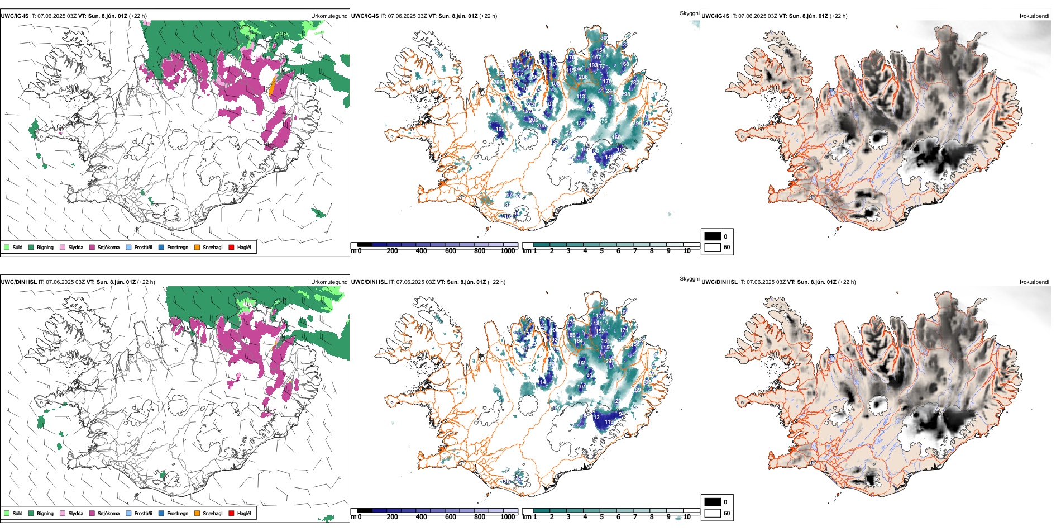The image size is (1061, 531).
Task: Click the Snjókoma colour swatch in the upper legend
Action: pyautogui.click(x=92, y=248)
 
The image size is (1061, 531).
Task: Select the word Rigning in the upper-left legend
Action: pyautogui.click(x=45, y=248)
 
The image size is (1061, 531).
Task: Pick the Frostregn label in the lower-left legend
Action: pyautogui.click(x=178, y=514)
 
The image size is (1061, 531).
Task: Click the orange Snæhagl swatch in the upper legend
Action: pyautogui.click(x=197, y=248)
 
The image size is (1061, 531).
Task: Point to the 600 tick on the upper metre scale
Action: pyautogui.click(x=451, y=251)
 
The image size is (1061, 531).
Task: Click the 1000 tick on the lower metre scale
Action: pyautogui.click(x=508, y=517)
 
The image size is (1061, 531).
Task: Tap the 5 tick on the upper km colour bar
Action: pyautogui.click(x=602, y=251)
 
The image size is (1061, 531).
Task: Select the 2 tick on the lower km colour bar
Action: pyautogui.click(x=552, y=517)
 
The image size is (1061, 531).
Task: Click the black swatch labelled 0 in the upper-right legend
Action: pyautogui.click(x=713, y=236)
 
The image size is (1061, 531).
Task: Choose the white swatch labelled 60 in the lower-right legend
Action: pyautogui.click(x=713, y=513)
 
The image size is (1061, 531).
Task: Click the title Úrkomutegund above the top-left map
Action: pyautogui.click(x=329, y=16)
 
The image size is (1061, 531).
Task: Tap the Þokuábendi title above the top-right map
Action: pyautogui.click(x=1034, y=16)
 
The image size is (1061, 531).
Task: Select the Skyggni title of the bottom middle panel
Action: pyautogui.click(x=689, y=279)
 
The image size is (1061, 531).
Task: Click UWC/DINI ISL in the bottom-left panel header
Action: pyautogui.click(x=18, y=282)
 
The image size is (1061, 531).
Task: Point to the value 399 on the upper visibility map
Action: pyautogui.click(x=637, y=124)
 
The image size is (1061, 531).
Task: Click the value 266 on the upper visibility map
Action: pyautogui.click(x=498, y=83)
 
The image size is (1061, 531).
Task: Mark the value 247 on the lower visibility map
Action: pyautogui.click(x=610, y=362)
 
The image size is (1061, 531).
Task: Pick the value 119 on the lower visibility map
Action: pyautogui.click(x=609, y=422)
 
